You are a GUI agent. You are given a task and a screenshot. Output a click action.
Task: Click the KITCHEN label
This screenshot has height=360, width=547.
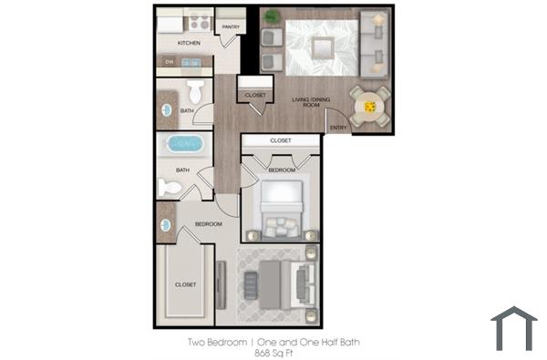pos(189,43)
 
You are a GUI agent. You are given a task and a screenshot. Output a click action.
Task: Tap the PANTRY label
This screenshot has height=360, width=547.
pos(231,26)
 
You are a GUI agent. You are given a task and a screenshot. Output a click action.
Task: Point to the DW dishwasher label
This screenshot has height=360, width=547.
pos(169,62)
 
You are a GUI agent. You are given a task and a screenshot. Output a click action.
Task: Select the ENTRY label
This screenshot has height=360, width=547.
pos(337,127)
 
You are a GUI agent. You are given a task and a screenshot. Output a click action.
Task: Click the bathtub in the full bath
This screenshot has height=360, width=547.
pos(187,144)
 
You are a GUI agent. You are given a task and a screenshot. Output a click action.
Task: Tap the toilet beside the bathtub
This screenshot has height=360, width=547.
pos(170,187)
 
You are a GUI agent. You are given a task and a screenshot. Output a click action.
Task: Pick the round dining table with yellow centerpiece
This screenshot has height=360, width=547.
pos(370,107)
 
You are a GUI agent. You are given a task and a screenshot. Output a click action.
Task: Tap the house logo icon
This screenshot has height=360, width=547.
pos(514,328)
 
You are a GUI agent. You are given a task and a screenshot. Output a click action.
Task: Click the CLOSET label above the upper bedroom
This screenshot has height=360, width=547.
pos(281,140)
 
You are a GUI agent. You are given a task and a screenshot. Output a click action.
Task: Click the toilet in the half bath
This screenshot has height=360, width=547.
pos(197,93)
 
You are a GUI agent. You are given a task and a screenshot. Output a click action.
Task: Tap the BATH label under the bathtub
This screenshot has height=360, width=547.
pos(182,169)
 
